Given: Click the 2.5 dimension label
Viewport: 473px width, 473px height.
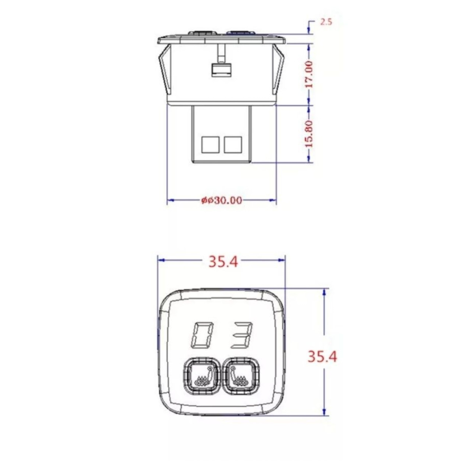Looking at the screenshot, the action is [x=326, y=22].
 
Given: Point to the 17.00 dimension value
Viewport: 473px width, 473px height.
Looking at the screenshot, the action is [x=310, y=74].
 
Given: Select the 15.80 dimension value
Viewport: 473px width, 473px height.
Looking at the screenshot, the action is [x=310, y=134].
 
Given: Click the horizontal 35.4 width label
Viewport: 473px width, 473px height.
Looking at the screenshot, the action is [x=223, y=262].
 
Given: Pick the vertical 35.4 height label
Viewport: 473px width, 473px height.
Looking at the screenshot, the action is [x=322, y=356].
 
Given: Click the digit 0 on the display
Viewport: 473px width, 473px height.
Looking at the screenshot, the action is [x=203, y=334].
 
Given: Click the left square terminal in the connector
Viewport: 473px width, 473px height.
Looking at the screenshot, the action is [x=210, y=145].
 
